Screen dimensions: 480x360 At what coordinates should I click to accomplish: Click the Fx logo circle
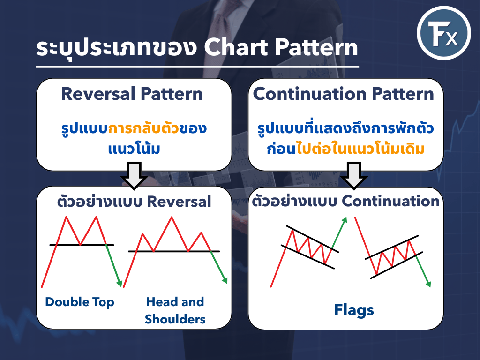[443, 33]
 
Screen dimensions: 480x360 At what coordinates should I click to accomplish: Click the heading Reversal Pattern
[132, 94]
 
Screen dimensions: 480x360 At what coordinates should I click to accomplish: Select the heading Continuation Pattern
[344, 94]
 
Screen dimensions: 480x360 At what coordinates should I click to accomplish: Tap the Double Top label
[80, 302]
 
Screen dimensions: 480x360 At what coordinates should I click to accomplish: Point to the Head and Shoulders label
[175, 310]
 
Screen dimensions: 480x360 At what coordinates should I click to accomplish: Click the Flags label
[354, 310]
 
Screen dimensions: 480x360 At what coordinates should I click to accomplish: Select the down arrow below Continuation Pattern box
[354, 175]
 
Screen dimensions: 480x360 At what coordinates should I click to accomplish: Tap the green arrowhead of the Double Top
[120, 283]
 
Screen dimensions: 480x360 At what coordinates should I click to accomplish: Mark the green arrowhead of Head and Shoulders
[225, 280]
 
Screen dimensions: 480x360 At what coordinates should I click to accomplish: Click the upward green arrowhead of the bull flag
[345, 220]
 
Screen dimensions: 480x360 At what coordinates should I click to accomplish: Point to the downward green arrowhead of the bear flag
[428, 284]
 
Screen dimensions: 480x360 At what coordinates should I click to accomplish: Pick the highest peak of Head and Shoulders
[172, 217]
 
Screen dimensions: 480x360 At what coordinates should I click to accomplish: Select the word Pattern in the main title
[316, 47]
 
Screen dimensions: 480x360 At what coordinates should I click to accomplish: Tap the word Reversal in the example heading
[179, 202]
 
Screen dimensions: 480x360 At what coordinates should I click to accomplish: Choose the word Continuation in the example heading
[390, 201]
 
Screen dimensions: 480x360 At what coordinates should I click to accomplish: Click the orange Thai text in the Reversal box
[143, 128]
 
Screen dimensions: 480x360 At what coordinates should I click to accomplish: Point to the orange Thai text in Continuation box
[360, 149]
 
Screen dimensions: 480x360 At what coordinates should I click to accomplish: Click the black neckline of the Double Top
[82, 245]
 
